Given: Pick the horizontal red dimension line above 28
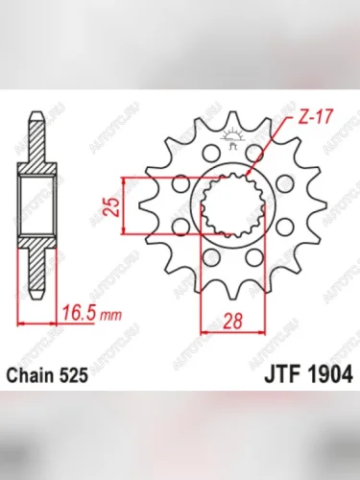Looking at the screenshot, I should (x=230, y=333).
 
